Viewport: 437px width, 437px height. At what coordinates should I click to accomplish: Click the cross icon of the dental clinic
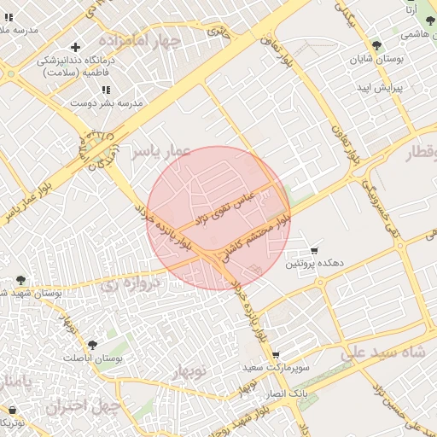(76, 47)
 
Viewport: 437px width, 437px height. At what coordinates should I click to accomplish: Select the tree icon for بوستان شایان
(376, 45)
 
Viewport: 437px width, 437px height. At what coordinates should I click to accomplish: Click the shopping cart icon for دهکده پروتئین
(315, 251)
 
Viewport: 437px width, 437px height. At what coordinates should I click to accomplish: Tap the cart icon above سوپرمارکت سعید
(276, 354)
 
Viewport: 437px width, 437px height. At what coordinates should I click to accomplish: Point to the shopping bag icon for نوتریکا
(12, 410)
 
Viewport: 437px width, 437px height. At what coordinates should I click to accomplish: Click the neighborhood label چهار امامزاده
(140, 40)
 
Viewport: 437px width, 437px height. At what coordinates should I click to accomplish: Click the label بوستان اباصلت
(95, 359)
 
